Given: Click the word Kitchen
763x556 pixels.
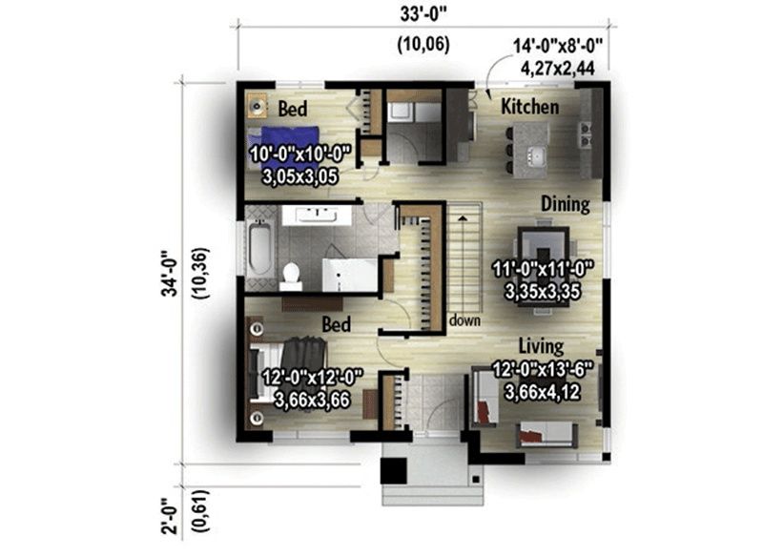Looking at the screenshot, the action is (x=530, y=107).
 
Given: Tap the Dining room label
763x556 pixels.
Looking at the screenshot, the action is (x=566, y=204).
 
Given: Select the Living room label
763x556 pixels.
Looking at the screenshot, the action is (x=541, y=346).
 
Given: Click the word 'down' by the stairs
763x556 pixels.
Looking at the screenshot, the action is (x=464, y=320).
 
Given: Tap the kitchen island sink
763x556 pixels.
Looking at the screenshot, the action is (x=537, y=155).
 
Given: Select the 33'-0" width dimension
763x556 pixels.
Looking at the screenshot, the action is (x=423, y=14).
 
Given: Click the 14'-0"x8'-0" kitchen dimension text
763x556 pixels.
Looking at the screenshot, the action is (x=558, y=46).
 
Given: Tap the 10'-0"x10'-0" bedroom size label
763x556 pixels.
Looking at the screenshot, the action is (x=300, y=154).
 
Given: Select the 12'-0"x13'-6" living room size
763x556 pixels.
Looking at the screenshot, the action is (x=543, y=370).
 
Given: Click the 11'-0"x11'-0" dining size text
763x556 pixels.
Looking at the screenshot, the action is (x=543, y=269).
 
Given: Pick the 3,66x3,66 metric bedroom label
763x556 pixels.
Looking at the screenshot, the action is (x=313, y=400).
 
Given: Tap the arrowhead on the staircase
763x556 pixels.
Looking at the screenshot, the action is (x=463, y=218).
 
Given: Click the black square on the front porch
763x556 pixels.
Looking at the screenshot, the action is (x=393, y=471).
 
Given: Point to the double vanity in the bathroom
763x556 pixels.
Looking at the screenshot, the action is (x=317, y=216).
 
